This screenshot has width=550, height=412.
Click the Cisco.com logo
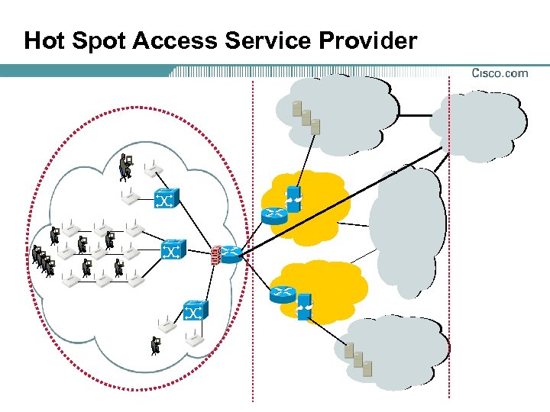tap(500, 73)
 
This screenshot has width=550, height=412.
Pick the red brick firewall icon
tap(215, 254)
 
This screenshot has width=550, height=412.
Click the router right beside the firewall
tap(231, 255)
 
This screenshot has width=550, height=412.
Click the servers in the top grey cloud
tap(306, 115)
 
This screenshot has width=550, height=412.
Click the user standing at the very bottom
tap(155, 345)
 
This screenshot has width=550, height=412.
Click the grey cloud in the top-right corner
tap(478, 124)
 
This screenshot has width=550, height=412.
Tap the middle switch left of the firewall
tap(173, 249)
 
